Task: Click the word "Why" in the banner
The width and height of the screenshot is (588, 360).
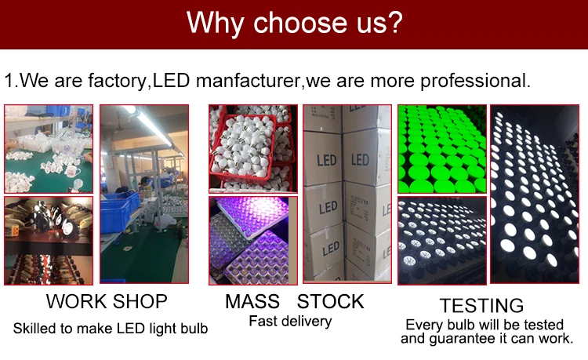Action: point(216,24)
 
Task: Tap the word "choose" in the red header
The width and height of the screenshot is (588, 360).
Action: point(299,23)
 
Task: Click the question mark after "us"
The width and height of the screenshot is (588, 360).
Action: point(394,22)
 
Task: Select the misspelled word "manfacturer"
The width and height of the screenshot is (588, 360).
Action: point(248,81)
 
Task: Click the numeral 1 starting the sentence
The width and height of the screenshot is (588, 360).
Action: point(9,81)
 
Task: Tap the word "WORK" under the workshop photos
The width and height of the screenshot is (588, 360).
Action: point(76,301)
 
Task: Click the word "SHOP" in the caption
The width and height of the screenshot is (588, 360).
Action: point(140,301)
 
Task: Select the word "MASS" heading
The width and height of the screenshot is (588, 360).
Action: point(252,301)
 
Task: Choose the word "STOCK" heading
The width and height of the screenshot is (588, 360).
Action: point(330,301)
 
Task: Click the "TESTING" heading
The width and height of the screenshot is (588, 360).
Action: point(481,305)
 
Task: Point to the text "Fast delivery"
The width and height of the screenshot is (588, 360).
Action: point(290,322)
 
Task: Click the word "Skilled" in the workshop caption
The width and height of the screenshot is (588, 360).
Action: point(34,328)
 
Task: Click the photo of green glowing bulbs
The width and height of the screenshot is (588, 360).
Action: point(442,149)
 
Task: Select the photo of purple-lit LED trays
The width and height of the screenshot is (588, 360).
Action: point(253,241)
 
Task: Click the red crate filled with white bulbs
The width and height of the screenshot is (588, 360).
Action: point(244,149)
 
